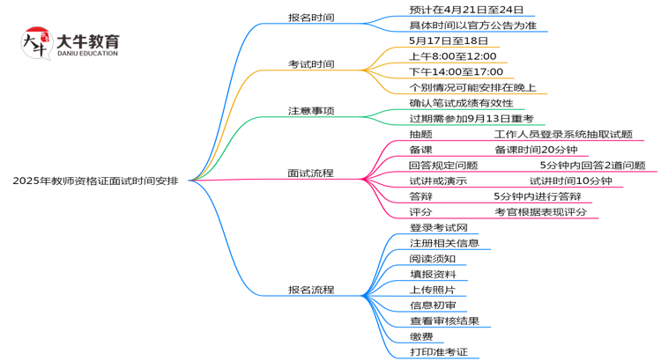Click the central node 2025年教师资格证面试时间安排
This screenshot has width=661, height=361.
[95, 180]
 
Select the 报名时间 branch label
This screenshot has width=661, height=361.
[311, 17]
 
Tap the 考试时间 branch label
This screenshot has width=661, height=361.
[311, 64]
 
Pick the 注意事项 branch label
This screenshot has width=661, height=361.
[311, 111]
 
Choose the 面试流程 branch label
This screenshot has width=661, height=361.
[311, 173]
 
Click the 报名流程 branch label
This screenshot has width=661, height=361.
[311, 290]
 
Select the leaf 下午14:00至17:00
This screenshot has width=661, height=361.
[457, 71]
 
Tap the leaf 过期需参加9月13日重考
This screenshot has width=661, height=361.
[472, 118]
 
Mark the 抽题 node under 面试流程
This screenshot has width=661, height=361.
[420, 134]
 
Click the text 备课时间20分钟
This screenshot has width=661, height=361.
[534, 150]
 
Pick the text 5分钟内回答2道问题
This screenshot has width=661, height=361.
[592, 165]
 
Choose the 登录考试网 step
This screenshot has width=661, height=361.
[438, 228]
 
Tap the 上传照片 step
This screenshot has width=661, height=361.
[432, 290]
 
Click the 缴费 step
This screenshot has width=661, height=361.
[421, 336]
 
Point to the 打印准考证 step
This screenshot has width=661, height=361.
[438, 352]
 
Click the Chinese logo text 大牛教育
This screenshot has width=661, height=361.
[87, 41]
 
